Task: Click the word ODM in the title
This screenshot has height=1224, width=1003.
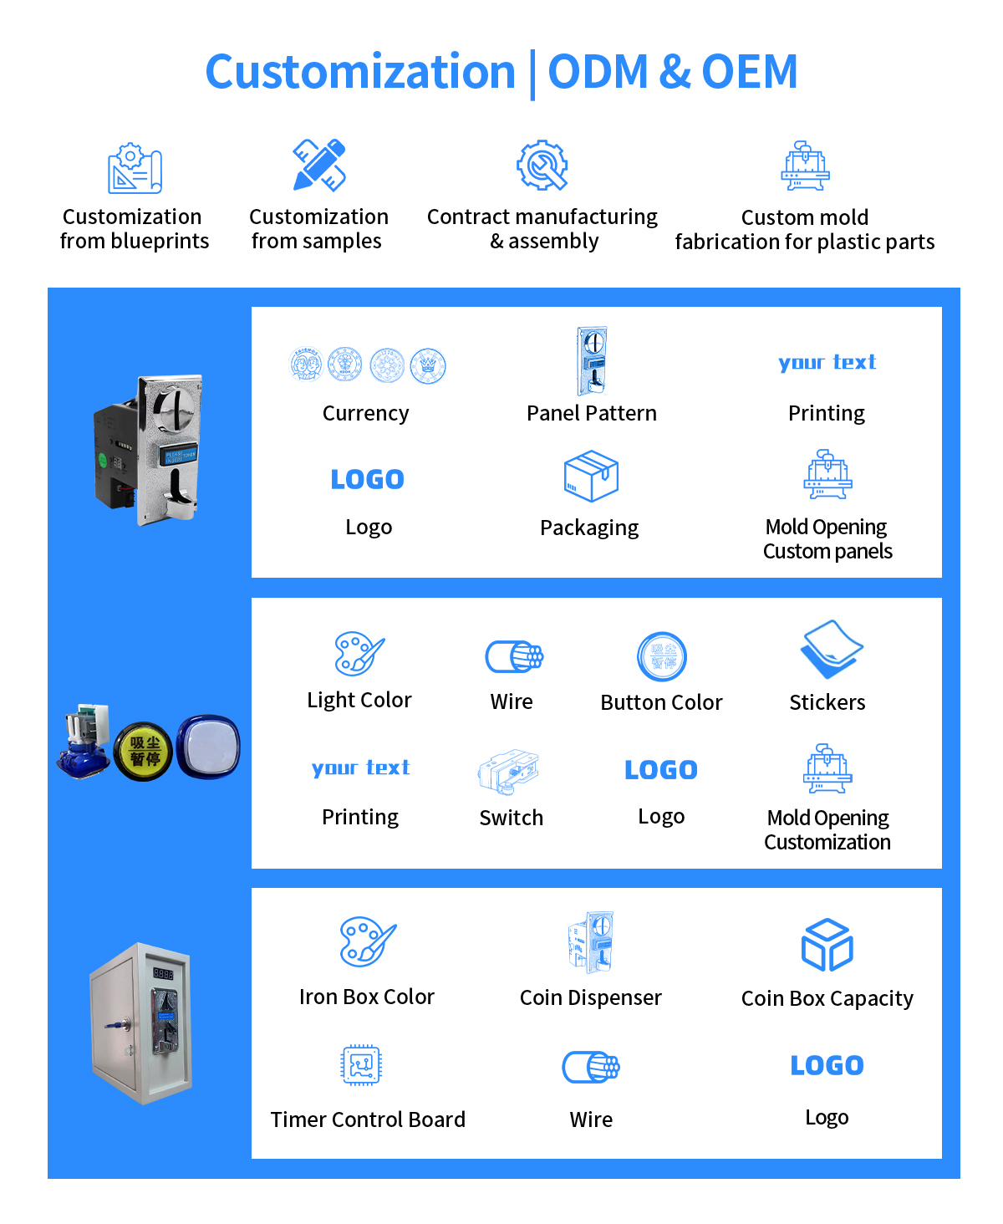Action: tap(598, 72)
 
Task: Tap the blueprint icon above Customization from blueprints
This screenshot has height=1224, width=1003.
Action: tap(134, 168)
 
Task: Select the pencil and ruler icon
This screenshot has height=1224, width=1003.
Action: tap(319, 165)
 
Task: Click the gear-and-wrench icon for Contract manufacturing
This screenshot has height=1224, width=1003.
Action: tap(542, 166)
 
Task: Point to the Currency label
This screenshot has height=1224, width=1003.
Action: tap(366, 413)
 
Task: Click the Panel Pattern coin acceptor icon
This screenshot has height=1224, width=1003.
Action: tap(592, 361)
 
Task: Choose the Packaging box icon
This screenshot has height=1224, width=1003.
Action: tap(591, 476)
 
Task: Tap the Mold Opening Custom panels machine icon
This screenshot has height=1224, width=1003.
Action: tap(827, 475)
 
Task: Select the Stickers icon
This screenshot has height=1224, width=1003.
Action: tap(831, 650)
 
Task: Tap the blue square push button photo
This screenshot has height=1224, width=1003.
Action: tap(208, 747)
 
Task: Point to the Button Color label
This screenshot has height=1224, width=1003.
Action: tap(661, 702)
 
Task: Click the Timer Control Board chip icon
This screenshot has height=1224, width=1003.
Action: tap(361, 1065)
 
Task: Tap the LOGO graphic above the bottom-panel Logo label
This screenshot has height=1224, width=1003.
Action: tap(827, 1065)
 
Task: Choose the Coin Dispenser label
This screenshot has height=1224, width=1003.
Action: tap(590, 997)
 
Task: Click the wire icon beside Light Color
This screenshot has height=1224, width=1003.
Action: tap(514, 656)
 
